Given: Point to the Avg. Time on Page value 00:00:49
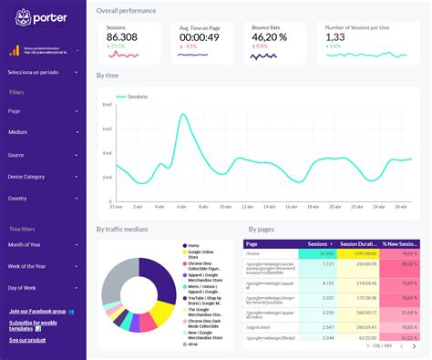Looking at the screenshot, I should pyautogui.click(x=198, y=38).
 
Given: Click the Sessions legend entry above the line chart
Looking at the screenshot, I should pyautogui.click(x=138, y=96).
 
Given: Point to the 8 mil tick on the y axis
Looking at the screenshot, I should pyautogui.click(x=108, y=105).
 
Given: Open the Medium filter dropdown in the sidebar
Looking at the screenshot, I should pyautogui.click(x=43, y=132).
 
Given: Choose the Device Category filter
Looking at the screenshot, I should pyautogui.click(x=43, y=176).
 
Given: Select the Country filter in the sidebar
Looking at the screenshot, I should pyautogui.click(x=43, y=198).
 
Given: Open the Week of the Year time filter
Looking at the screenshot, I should pyautogui.click(x=43, y=266).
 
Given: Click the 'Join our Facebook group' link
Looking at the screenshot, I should pyautogui.click(x=41, y=311).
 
